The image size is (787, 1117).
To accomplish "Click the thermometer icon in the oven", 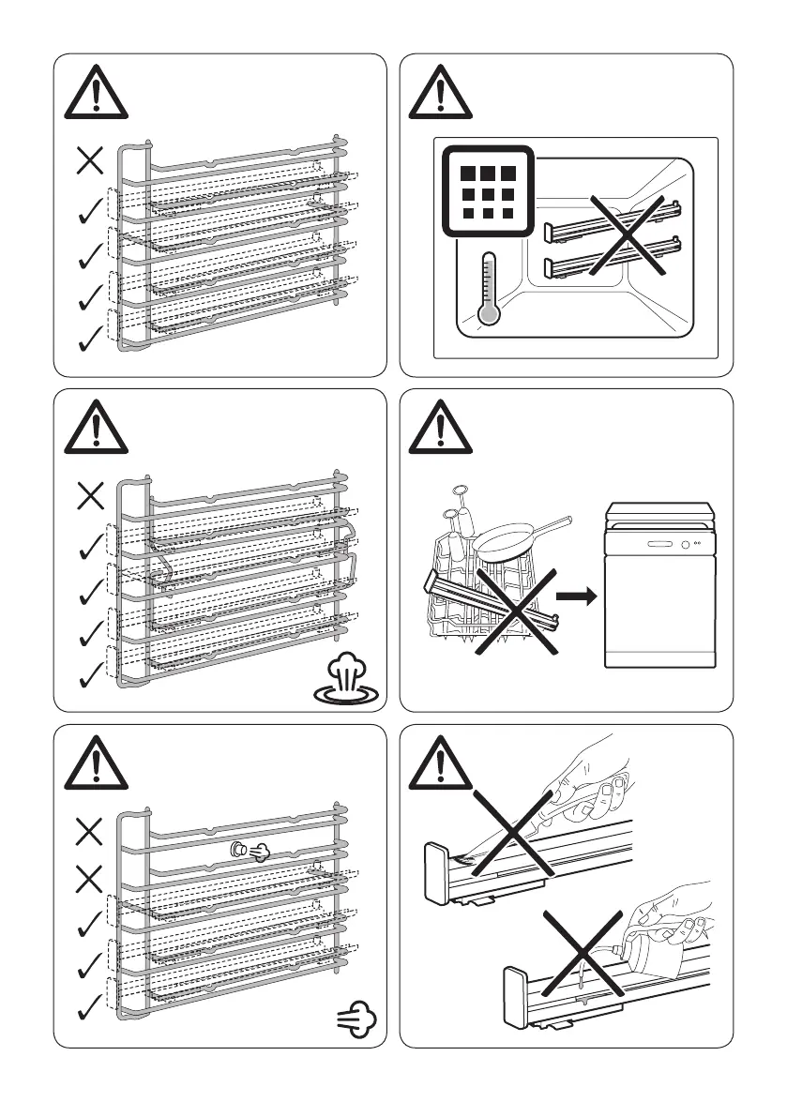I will click(486, 287).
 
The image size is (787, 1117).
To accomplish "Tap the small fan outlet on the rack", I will click(240, 851).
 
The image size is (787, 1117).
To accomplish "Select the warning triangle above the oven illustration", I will click(434, 92).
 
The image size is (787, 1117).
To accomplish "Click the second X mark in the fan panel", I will click(90, 879).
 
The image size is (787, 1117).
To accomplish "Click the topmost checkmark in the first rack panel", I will click(90, 213).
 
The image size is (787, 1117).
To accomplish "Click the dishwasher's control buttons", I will click(689, 545).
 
